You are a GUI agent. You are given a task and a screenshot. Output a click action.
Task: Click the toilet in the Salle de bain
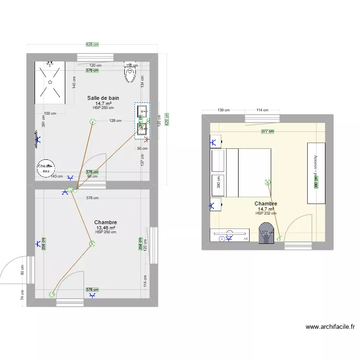[130, 73]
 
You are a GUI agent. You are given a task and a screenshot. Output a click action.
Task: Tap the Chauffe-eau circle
[46, 168]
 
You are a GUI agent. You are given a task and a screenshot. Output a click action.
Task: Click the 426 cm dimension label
[92, 44]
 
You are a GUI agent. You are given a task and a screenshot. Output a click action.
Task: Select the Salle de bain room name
[103, 98]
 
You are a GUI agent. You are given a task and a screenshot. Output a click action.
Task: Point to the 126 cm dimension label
[115, 120]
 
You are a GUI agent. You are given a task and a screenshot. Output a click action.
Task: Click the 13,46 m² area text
[105, 228]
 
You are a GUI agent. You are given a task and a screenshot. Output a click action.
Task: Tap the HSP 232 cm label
[265, 213]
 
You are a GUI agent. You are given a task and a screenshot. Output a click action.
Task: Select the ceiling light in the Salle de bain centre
[92, 122]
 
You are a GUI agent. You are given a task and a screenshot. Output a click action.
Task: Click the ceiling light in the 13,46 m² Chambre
[92, 244]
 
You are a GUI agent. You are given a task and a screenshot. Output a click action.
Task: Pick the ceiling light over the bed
[267, 182]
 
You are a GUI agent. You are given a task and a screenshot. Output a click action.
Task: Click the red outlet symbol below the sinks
[146, 140]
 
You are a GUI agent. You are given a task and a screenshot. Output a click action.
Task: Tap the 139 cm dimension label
[223, 110]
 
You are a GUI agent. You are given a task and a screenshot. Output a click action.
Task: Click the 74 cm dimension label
[22, 295]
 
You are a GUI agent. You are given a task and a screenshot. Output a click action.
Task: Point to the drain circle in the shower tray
[49, 82]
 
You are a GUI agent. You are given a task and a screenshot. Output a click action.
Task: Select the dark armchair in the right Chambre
[266, 233]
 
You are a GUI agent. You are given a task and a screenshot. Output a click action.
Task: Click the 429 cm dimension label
[167, 119]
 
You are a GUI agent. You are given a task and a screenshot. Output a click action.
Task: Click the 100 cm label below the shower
[50, 113]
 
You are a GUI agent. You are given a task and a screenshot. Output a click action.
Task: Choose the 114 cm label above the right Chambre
[262, 110]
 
